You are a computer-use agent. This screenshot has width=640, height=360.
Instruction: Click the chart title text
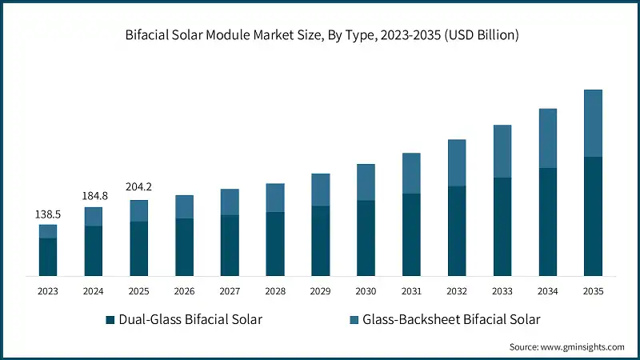click(x=319, y=35)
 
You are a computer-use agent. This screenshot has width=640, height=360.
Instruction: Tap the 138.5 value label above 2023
click(x=47, y=214)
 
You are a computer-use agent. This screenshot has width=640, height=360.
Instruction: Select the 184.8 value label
click(x=94, y=196)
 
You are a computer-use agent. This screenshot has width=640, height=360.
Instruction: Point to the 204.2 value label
click(x=138, y=187)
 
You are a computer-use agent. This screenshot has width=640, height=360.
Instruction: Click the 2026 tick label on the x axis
click(x=184, y=291)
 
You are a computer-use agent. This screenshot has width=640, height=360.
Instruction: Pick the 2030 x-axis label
click(x=366, y=291)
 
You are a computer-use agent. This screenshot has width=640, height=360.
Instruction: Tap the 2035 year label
click(x=593, y=291)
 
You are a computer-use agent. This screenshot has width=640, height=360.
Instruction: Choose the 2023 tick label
click(x=48, y=291)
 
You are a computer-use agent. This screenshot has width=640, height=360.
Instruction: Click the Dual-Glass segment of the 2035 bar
click(x=593, y=216)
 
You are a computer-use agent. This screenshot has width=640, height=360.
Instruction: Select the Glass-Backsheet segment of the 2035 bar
click(x=593, y=123)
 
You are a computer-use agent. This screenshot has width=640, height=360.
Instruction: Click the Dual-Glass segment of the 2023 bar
click(x=48, y=257)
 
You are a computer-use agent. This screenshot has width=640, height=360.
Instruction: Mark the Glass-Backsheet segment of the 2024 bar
click(x=94, y=217)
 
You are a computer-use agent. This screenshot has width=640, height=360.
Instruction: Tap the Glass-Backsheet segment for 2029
click(x=320, y=190)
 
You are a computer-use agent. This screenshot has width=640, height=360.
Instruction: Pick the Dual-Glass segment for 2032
click(x=457, y=231)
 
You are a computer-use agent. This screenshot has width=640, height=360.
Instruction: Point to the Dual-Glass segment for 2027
click(x=230, y=246)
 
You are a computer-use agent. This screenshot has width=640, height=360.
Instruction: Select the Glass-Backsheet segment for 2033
click(x=502, y=151)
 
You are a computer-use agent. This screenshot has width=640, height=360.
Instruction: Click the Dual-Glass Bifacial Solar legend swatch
click(x=110, y=320)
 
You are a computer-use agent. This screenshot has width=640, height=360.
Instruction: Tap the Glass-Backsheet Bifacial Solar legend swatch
click(x=354, y=320)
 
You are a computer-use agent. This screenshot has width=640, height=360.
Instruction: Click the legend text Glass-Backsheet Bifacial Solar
click(x=451, y=320)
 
